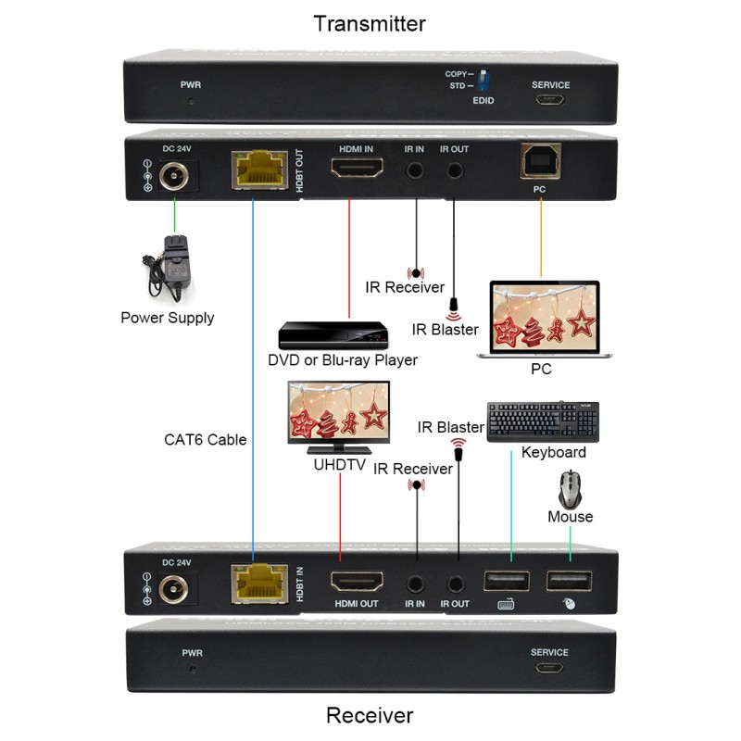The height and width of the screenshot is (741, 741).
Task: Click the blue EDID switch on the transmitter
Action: [484, 81]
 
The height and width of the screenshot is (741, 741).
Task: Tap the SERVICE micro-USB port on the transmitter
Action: [550, 100]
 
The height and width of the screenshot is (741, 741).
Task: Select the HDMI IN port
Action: [357, 168]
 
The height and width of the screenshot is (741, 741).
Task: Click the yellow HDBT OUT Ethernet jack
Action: [259, 170]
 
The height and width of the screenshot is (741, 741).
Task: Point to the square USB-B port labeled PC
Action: [541, 160]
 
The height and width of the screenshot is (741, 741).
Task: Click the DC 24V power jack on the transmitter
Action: [174, 176]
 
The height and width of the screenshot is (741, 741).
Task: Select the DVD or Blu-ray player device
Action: [333, 335]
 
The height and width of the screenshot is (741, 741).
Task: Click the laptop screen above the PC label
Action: [545, 317]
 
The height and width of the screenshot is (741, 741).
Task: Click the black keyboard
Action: [543, 422]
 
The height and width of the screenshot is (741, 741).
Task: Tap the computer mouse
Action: [571, 489]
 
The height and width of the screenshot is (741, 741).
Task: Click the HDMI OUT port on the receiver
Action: [357, 582]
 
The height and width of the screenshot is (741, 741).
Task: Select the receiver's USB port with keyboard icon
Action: [507, 582]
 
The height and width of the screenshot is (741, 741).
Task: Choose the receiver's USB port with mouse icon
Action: [570, 582]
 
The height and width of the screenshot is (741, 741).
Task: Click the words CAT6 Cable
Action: [205, 439]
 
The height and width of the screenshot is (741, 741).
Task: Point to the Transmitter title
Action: [370, 24]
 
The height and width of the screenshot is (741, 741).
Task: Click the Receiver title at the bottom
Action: [370, 715]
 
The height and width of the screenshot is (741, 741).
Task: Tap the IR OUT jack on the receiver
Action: [456, 584]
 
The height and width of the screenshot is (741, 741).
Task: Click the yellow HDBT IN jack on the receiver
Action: [259, 584]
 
